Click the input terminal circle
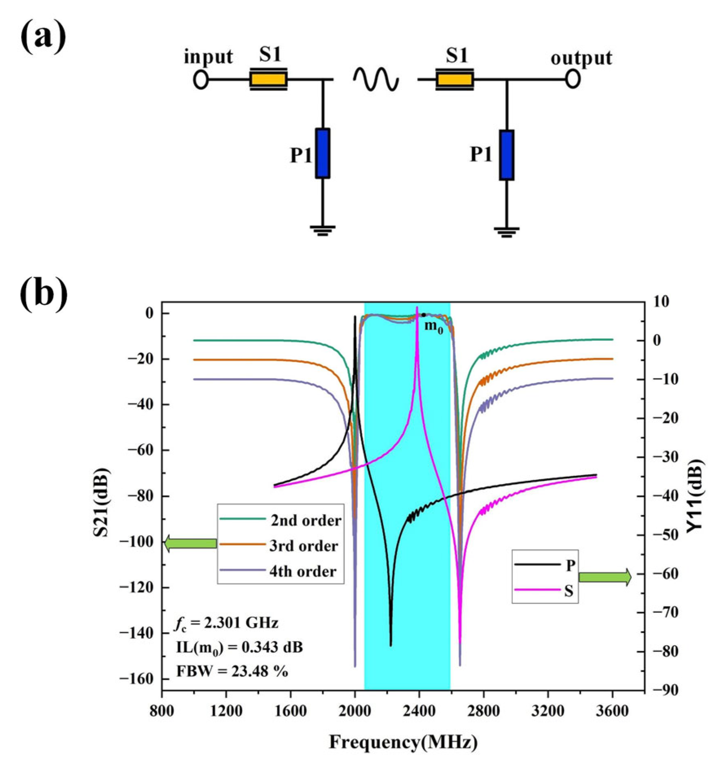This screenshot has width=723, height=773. click(x=200, y=80)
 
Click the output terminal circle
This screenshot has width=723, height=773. click(x=573, y=80)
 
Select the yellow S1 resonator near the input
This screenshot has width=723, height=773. click(x=268, y=79)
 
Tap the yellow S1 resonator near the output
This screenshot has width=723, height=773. click(x=454, y=79)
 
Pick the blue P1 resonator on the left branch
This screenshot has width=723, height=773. click(x=323, y=153)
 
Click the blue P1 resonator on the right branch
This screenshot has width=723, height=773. click(x=507, y=155)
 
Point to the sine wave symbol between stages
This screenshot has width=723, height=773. click(x=376, y=79)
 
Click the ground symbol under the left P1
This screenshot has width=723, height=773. click(x=323, y=231)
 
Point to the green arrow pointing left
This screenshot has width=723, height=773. click(x=190, y=543)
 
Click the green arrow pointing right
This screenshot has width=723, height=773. click(x=605, y=577)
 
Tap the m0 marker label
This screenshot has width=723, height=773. click(x=433, y=327)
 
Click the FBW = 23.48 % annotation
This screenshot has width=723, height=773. click(x=232, y=671)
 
